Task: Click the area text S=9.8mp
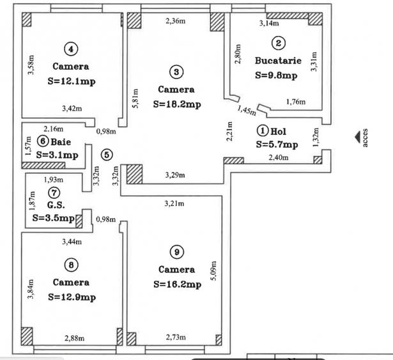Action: (276, 75)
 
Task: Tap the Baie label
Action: (61, 141)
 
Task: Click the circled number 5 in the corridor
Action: (106, 154)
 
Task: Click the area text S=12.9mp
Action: (71, 297)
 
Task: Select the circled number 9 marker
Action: (176, 250)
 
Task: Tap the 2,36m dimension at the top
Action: (176, 21)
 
